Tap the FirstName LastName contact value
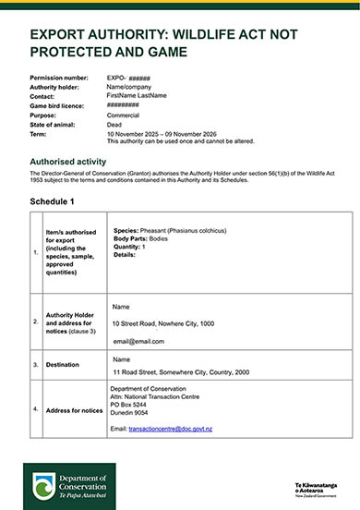pos(137,95)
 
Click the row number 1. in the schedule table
pos(35,251)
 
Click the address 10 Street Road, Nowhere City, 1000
pos(162,323)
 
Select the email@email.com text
pos(138,341)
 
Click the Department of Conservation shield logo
pos(42,486)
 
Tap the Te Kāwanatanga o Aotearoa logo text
pos(316,487)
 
